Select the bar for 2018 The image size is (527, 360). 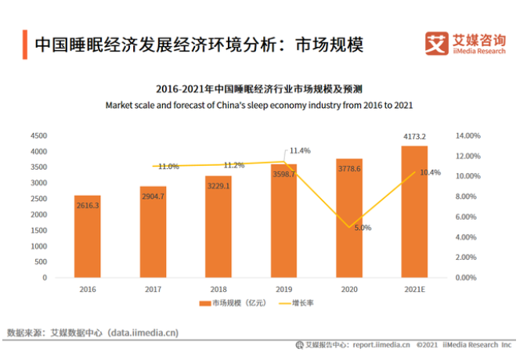pyautogui.click(x=218, y=227)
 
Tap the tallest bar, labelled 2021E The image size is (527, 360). pyautogui.click(x=414, y=211)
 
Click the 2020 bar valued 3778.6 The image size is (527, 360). pyautogui.click(x=348, y=218)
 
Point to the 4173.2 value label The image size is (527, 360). pyautogui.click(x=414, y=137)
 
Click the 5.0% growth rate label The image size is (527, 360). pyautogui.click(x=363, y=228)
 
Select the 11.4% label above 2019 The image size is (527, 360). pyautogui.click(x=300, y=150)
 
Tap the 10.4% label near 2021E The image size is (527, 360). pyautogui.click(x=430, y=172)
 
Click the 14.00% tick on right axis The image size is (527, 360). pyautogui.click(x=467, y=135)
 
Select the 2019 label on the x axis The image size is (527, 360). pyautogui.click(x=283, y=288)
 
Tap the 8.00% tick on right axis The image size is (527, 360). pyautogui.click(x=467, y=196)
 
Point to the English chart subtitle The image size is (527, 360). pyautogui.click(x=258, y=105)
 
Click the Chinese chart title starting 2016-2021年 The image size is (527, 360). pyautogui.click(x=258, y=88)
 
